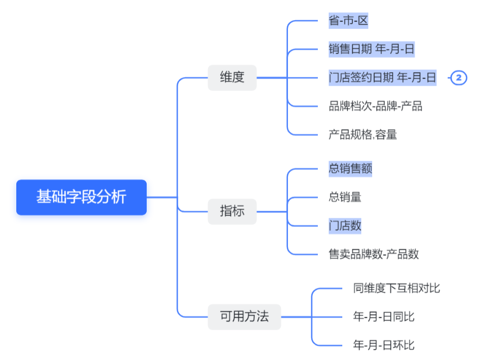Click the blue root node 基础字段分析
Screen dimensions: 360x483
(81, 197)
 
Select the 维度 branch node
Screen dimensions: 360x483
(232, 77)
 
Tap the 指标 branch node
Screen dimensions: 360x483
(232, 211)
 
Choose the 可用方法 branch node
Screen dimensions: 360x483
(244, 317)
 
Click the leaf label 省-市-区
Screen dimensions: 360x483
(348, 21)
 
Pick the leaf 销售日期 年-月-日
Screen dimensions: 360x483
(372, 49)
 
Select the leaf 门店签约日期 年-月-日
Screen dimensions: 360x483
(382, 78)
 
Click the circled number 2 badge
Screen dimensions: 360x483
(459, 78)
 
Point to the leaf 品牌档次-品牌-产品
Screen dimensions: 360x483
(375, 106)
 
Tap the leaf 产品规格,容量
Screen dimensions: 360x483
(363, 134)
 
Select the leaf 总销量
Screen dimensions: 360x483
(345, 197)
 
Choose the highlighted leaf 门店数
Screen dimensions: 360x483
(345, 225)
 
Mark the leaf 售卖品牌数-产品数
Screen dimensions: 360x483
(374, 254)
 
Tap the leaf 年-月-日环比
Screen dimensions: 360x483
(384, 345)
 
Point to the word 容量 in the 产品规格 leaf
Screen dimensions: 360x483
(386, 134)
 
